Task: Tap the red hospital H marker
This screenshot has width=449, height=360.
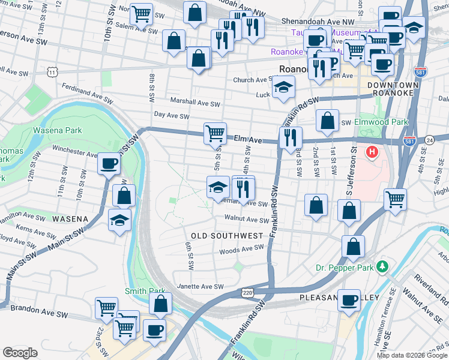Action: (x=372, y=152)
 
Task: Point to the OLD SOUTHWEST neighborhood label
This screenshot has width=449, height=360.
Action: (x=228, y=235)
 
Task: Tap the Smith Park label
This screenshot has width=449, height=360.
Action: (x=145, y=292)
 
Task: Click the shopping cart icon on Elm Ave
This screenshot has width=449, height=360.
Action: (x=215, y=133)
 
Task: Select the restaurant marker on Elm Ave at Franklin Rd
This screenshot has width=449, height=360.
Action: (x=291, y=137)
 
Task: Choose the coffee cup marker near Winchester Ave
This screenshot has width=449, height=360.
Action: (x=109, y=163)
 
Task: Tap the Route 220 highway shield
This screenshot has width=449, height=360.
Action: (x=247, y=293)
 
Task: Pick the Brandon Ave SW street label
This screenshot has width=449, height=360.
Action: (x=46, y=313)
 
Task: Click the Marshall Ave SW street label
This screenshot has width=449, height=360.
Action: (x=195, y=103)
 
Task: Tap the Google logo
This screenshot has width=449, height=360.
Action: (x=20, y=353)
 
